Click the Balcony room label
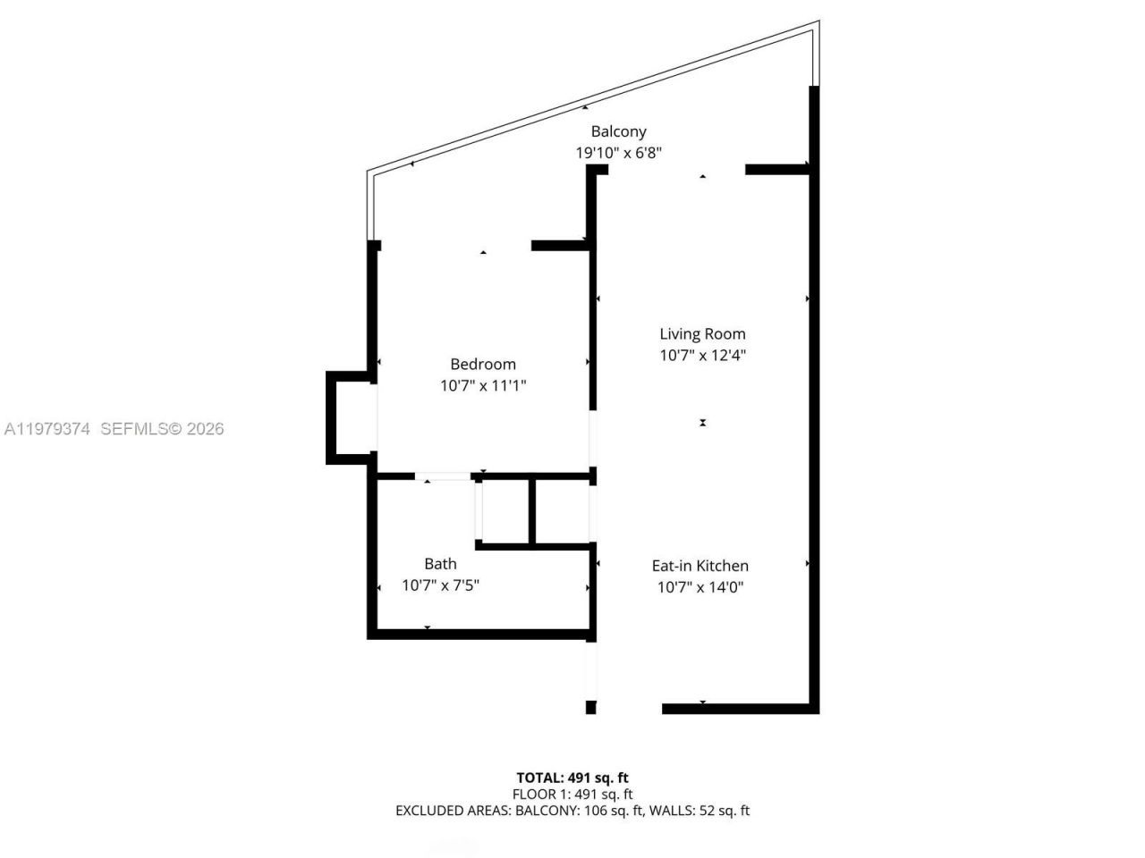click(x=618, y=131)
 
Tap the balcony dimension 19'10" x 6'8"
click(x=618, y=153)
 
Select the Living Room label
click(x=702, y=334)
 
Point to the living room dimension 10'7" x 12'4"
click(x=702, y=356)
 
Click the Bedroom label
click(x=483, y=365)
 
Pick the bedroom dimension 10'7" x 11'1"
click(x=483, y=386)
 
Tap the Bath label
click(x=440, y=564)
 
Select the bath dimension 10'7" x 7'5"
click(x=440, y=586)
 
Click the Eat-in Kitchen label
click(x=700, y=566)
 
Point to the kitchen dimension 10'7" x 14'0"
click(x=700, y=587)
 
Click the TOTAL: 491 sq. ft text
click(x=572, y=778)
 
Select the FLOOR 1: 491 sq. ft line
click(x=572, y=794)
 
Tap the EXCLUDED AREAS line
click(x=572, y=811)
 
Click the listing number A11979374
click(x=47, y=429)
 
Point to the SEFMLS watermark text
click(x=162, y=429)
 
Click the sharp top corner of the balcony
click(x=818, y=23)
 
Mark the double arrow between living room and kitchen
click(x=703, y=423)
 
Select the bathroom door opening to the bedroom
click(x=442, y=477)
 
